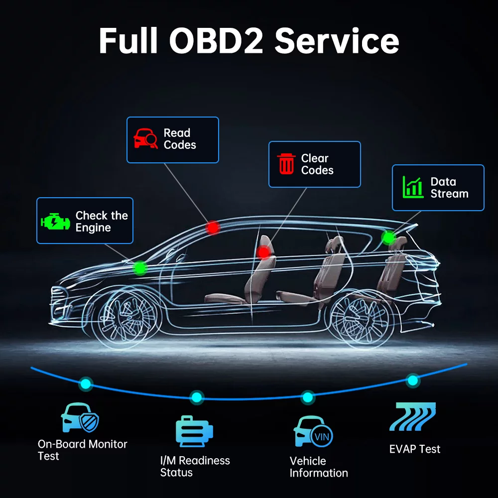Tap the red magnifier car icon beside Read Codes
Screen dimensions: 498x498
pos(145,139)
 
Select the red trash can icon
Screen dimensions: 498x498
pos(286,164)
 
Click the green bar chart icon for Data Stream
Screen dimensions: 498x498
pos(413,187)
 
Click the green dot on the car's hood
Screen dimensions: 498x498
pos(141,268)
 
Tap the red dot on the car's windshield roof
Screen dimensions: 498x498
pos(213,228)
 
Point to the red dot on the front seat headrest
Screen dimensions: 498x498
pos(264,252)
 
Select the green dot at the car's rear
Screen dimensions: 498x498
pos(388,238)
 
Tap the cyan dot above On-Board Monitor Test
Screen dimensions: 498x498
pos(86,383)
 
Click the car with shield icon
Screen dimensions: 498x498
pos(80,418)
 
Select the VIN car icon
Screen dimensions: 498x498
pos(313,432)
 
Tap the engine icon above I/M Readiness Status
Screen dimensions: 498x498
pos(194,431)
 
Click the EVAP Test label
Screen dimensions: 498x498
pos(415,449)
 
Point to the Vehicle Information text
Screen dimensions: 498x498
pos(319,467)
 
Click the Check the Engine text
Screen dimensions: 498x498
pos(102,222)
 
